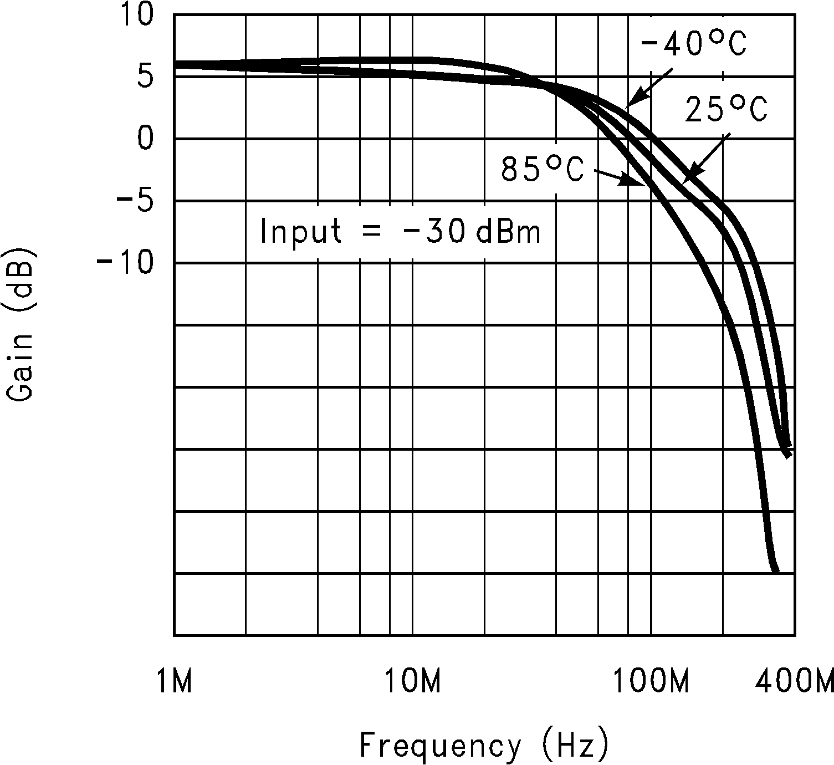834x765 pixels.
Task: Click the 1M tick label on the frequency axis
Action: click(x=174, y=682)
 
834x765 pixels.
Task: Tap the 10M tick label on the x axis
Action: click(x=413, y=682)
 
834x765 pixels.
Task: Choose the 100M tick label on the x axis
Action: click(x=651, y=682)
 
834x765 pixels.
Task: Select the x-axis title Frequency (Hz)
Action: click(x=484, y=746)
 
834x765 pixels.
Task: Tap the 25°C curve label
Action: click(x=726, y=109)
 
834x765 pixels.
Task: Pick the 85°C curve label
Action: click(x=543, y=169)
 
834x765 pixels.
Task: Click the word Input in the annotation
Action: click(x=300, y=231)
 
